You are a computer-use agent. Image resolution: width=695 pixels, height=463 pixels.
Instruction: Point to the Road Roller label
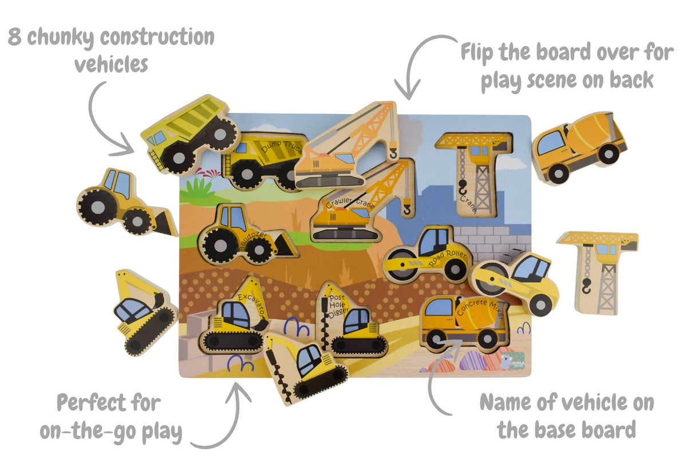tap(450, 258)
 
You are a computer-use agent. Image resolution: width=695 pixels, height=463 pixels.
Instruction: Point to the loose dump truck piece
tap(189, 133)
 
